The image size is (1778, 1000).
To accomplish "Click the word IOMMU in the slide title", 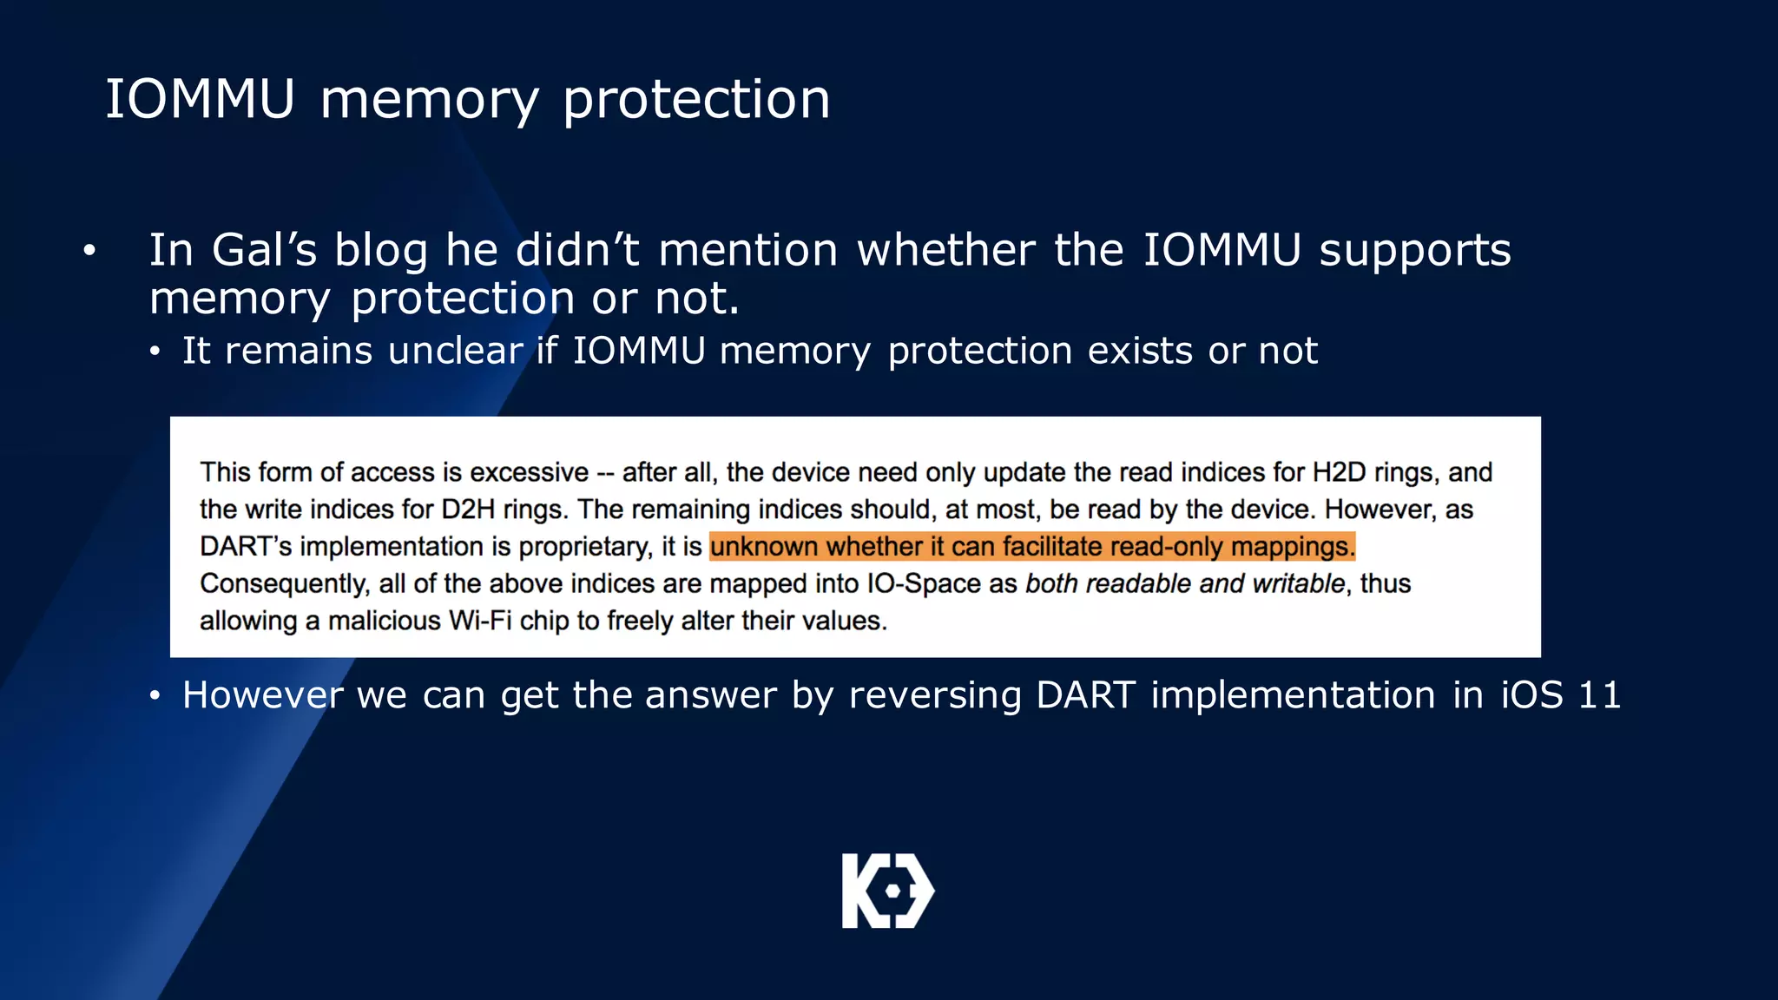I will point(201,99).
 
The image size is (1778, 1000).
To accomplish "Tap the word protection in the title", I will point(696,101).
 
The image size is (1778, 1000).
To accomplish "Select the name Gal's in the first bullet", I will point(264,250).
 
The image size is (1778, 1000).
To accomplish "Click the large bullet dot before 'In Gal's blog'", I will point(89,252).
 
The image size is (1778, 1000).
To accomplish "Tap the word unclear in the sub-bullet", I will point(455,351).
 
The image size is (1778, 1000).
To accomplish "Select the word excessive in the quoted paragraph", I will point(529,472).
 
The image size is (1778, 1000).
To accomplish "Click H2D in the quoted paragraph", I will point(1339,472).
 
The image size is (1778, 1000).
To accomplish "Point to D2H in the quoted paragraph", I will point(468,510).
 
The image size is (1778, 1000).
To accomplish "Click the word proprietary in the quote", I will point(584,547).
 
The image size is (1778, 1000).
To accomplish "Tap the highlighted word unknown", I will point(763,547).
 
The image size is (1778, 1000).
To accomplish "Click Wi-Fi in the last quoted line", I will point(479,621).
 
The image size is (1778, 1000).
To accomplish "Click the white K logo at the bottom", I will point(887,891).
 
